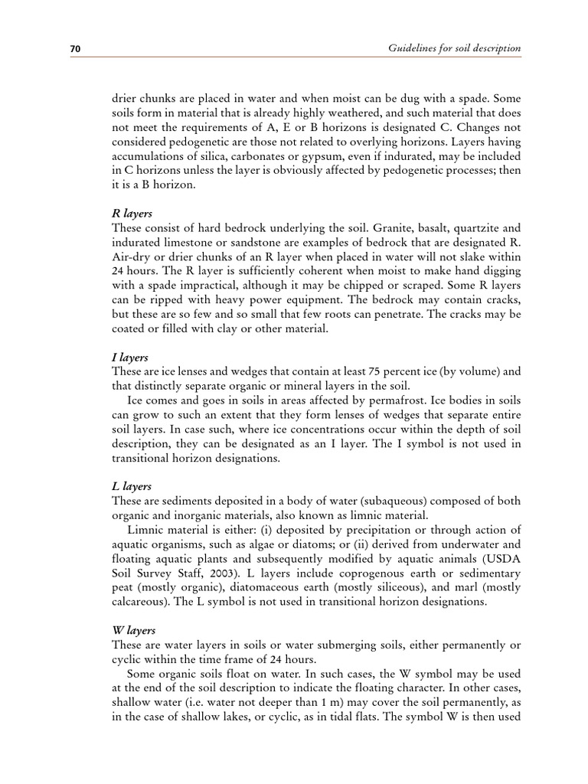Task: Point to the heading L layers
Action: click(132, 487)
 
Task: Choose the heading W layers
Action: click(134, 631)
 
